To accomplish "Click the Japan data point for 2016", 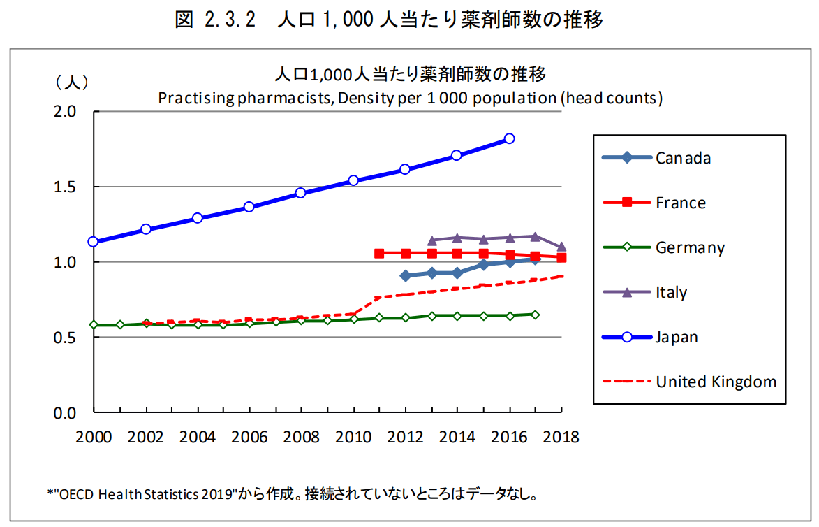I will [510, 138].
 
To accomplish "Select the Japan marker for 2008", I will [301, 192].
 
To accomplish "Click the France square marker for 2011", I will [379, 253].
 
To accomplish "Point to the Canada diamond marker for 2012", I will [406, 275].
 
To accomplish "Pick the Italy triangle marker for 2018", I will [561, 247].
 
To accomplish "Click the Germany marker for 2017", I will [536, 315].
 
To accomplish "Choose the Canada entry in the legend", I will [683, 158].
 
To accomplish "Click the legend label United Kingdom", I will [716, 382].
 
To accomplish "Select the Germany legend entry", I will [690, 247].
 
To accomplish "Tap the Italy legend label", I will [671, 292].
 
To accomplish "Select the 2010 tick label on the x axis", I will [353, 438].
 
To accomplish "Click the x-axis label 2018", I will [561, 438].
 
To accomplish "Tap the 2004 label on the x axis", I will [198, 438].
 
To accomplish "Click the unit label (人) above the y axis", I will [72, 82].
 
